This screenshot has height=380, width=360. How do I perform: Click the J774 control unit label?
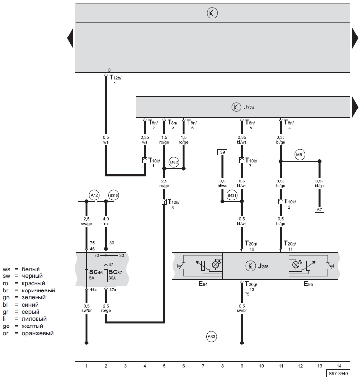249,107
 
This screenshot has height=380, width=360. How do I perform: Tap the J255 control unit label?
263,266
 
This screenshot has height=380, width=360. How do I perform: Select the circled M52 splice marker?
174,162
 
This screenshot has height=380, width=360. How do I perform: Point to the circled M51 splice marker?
300,155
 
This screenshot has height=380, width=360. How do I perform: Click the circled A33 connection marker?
211,336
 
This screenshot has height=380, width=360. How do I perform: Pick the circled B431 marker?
232,195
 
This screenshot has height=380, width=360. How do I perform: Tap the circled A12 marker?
94,195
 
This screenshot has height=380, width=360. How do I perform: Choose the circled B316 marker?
114,195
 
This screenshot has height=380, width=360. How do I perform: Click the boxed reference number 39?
222,152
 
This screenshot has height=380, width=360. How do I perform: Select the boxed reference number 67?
319,210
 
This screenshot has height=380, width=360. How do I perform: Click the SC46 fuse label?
96,272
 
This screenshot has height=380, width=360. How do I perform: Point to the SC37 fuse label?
115,272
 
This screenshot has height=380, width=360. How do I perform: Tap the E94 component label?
203,284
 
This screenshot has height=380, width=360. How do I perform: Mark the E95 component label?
308,284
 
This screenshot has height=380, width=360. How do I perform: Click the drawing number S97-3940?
338,374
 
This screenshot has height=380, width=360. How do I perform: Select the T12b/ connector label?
115,77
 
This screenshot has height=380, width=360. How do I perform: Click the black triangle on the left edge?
70,38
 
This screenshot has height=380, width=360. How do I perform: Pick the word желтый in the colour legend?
33,326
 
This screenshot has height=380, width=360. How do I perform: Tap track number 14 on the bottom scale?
339,366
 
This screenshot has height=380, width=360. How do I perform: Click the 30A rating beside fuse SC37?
112,278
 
